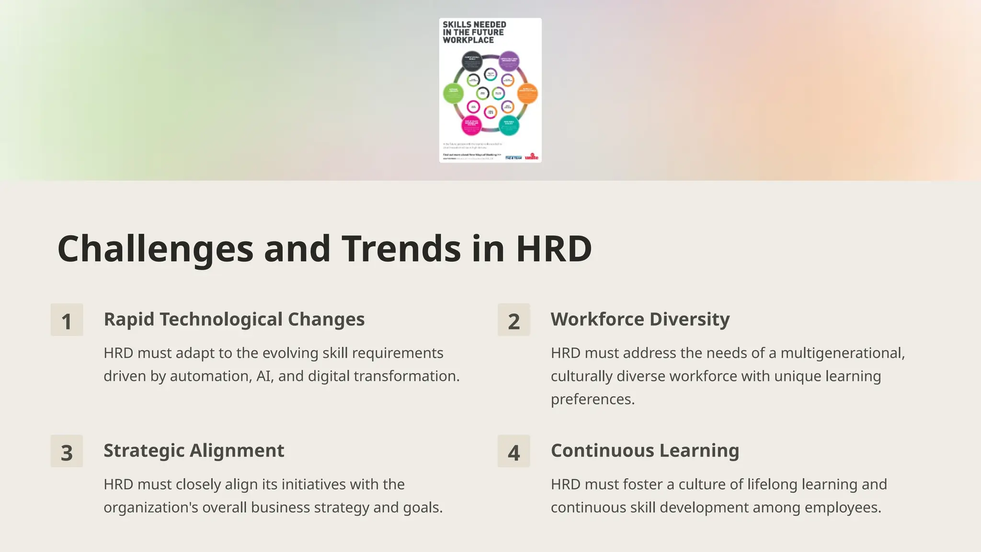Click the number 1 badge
[x=67, y=320]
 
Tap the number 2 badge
[x=513, y=320]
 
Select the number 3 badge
[x=67, y=451]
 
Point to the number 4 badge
[x=513, y=451]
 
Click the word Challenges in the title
[x=155, y=249]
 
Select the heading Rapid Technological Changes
[x=234, y=319]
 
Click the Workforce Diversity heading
[x=640, y=319]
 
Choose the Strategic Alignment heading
[x=194, y=450]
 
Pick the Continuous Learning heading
[x=645, y=450]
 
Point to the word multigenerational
[x=843, y=353]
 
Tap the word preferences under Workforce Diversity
[x=593, y=399]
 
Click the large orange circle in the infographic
[x=527, y=93]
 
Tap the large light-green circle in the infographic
[x=453, y=93]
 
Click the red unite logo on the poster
[x=531, y=157]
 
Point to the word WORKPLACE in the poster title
[x=468, y=40]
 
